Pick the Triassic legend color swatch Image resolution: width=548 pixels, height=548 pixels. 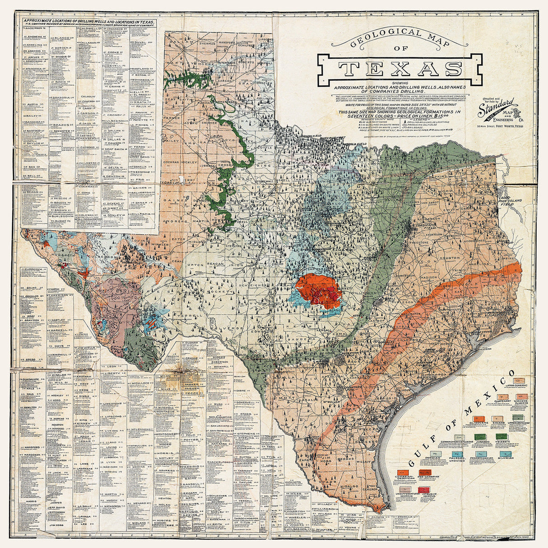502,436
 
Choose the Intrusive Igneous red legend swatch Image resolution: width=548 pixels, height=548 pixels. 423,490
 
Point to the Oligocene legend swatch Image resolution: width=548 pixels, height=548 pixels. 479,418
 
